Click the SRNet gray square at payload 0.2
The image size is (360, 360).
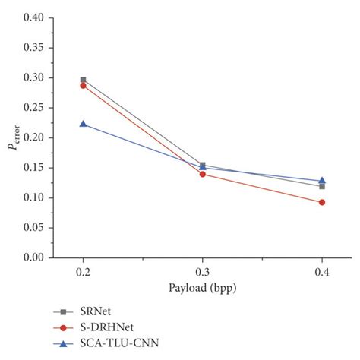coord(83,80)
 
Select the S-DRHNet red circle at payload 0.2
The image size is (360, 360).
coord(83,86)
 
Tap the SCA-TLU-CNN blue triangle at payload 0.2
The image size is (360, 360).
coord(83,124)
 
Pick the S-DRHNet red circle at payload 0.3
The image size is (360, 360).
coord(202,174)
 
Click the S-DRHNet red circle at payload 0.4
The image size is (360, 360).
coord(322,202)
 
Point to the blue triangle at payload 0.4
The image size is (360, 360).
coord(322,181)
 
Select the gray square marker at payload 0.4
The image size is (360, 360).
coord(322,186)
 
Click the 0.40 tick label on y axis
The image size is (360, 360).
coord(33,17)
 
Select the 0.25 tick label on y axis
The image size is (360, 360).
coord(33,108)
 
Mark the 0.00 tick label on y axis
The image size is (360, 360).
coord(33,258)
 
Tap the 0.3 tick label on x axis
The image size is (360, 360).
coord(202,271)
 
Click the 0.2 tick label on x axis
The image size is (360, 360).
coord(83,271)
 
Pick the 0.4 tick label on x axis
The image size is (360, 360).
coord(322,271)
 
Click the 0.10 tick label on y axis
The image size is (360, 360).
coord(33,198)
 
